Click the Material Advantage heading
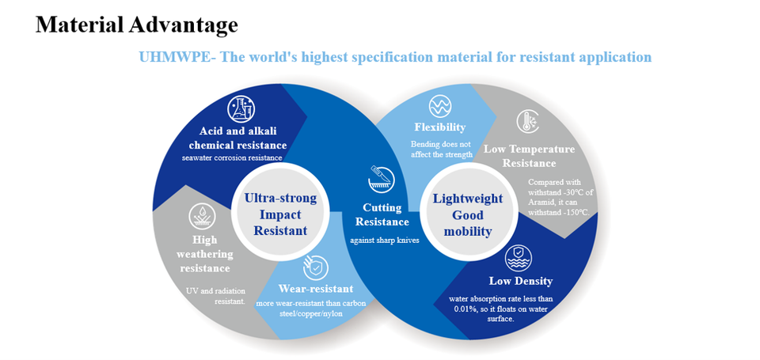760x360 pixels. coord(136,25)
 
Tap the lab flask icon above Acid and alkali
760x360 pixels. coord(241,108)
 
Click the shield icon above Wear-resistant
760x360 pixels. coord(316,267)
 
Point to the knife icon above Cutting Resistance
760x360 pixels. coord(382,180)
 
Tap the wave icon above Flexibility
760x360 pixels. coord(440,106)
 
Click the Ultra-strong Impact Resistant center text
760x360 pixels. coord(280,214)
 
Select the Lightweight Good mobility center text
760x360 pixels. coord(468,214)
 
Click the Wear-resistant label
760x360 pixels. coord(316,289)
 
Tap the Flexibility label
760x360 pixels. coord(440,127)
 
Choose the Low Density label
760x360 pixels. coord(520,281)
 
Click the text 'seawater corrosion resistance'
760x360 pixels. coord(232,157)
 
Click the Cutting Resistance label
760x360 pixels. coord(382,214)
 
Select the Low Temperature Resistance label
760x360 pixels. coord(530,156)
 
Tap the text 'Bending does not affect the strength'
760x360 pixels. coord(441,150)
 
